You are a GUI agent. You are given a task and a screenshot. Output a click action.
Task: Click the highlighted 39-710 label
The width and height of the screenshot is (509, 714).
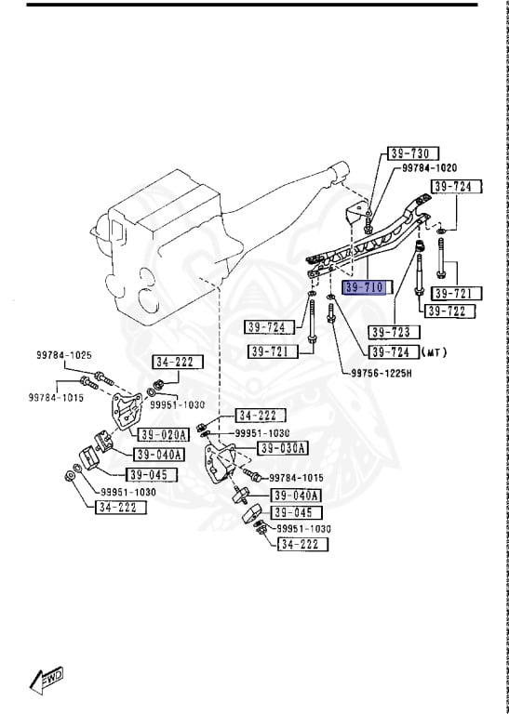point(365,287)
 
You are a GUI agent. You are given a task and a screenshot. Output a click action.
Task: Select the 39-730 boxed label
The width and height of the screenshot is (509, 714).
point(413,153)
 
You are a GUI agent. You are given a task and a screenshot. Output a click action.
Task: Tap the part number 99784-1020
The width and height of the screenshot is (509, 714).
point(429,168)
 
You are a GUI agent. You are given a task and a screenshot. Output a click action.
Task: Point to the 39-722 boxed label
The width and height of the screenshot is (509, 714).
point(449,311)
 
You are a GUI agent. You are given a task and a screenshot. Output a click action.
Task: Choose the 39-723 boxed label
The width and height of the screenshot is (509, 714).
point(394,332)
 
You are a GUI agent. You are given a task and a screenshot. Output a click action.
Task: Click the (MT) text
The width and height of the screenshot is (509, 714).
point(435,352)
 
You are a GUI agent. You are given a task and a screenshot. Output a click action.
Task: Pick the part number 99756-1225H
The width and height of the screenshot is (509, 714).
point(381,374)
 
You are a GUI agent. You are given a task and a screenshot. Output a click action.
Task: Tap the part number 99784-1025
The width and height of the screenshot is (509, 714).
point(64,355)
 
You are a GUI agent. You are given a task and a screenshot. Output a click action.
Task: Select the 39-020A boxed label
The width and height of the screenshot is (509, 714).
point(163,434)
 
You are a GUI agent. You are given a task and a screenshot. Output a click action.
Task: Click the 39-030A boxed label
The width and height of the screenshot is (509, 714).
point(283,448)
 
